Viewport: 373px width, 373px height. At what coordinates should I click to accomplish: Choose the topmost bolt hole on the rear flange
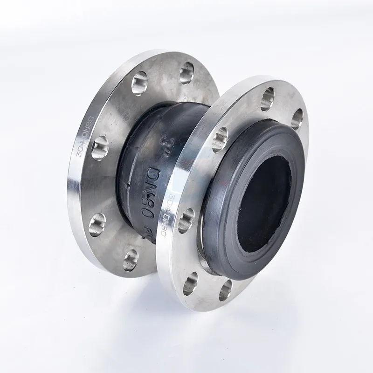tap(186, 73)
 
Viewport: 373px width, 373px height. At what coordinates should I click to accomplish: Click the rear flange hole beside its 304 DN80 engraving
tap(100, 148)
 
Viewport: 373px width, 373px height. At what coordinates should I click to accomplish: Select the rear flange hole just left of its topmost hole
tap(139, 83)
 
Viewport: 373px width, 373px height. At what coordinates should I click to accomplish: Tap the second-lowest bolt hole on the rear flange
tap(97, 224)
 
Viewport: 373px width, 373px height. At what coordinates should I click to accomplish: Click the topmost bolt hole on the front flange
tap(267, 99)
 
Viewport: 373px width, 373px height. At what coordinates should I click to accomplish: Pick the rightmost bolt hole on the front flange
tap(297, 118)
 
